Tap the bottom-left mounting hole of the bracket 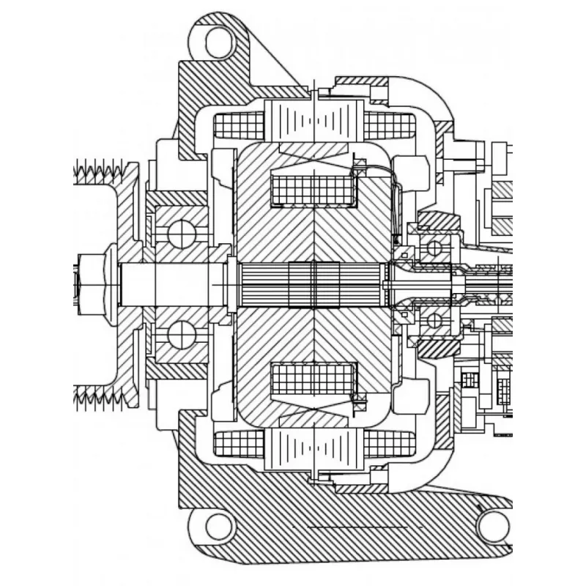coord(218,526)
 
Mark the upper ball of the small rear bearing coord(434,248)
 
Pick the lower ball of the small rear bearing coord(434,320)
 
